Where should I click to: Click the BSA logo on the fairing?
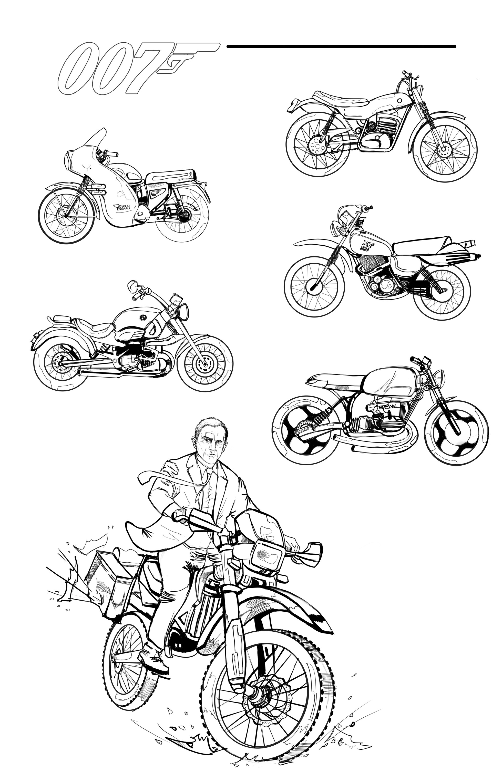click(x=122, y=208)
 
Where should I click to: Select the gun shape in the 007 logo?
click(x=189, y=54)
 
